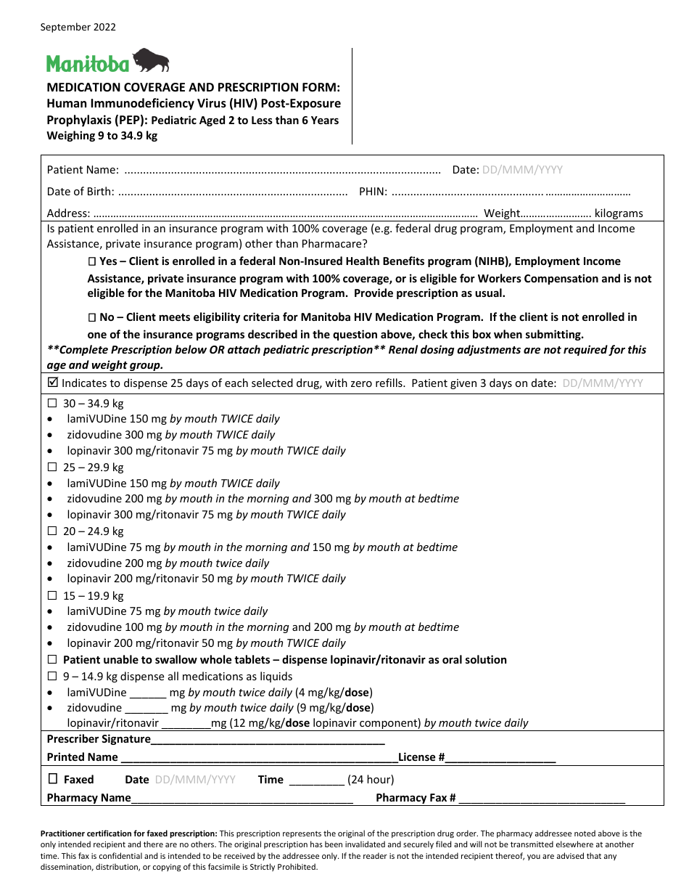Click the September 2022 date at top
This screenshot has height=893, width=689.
point(78,28)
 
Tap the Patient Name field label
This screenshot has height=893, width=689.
point(83,170)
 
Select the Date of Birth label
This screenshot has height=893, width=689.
point(81,192)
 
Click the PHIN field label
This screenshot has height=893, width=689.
point(373,192)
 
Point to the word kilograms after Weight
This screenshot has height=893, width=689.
point(619,213)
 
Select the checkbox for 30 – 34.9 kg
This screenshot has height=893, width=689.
point(52,404)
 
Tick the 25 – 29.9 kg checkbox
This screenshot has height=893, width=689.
point(52,468)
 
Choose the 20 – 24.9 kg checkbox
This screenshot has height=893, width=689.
point(52,531)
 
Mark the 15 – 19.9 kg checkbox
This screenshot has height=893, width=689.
point(52,596)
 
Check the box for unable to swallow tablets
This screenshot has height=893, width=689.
point(52,660)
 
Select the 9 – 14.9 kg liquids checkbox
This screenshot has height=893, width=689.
point(52,677)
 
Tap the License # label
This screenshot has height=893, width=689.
point(421,757)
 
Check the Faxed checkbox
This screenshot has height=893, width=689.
point(53,779)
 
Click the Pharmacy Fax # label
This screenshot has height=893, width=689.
point(416,798)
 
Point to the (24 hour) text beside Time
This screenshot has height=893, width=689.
point(371,780)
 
